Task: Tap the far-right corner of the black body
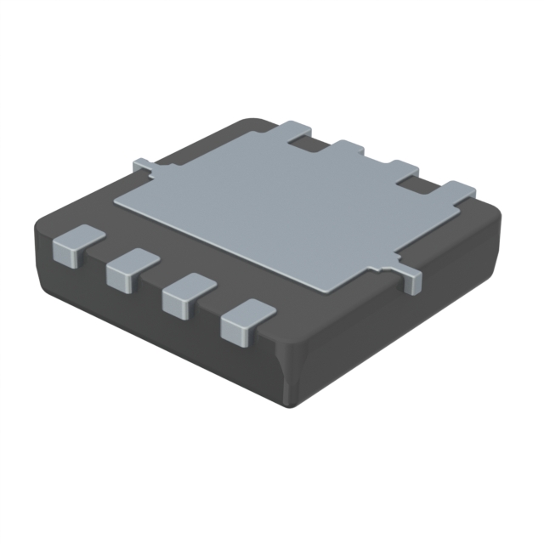click(500, 223)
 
